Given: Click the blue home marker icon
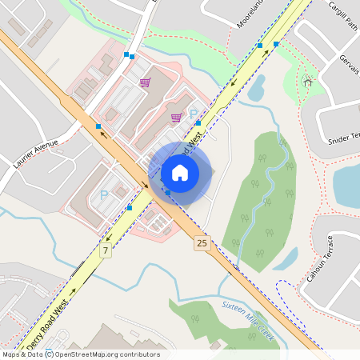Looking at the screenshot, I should [x=180, y=172].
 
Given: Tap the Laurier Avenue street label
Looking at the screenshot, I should [x=37, y=154].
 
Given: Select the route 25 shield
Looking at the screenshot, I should [x=202, y=242].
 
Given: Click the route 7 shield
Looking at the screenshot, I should [x=105, y=251].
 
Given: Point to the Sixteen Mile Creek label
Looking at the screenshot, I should [x=248, y=321].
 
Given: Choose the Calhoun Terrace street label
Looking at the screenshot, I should [x=320, y=263].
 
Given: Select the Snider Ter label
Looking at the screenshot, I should [x=345, y=138].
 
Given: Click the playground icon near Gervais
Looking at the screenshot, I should [x=308, y=81].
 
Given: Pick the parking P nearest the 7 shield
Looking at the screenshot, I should [x=103, y=194].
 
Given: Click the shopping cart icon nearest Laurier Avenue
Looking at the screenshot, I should [x=145, y=82].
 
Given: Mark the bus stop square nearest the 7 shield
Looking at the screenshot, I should [x=130, y=208].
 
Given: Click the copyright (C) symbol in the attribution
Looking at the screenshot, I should [x=50, y=354].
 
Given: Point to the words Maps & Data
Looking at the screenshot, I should [x=22, y=354].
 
